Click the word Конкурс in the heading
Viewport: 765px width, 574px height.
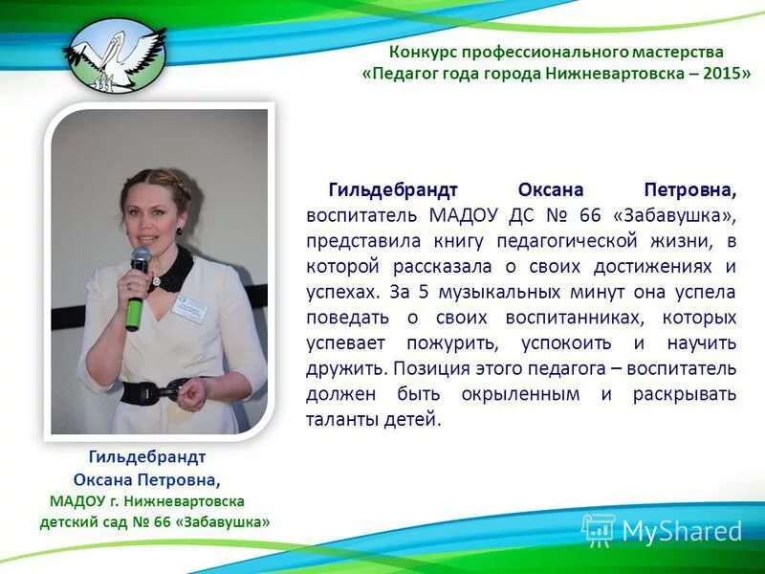click(422, 52)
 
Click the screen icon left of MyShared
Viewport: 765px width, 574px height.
click(599, 529)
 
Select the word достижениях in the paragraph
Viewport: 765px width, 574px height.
click(646, 265)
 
